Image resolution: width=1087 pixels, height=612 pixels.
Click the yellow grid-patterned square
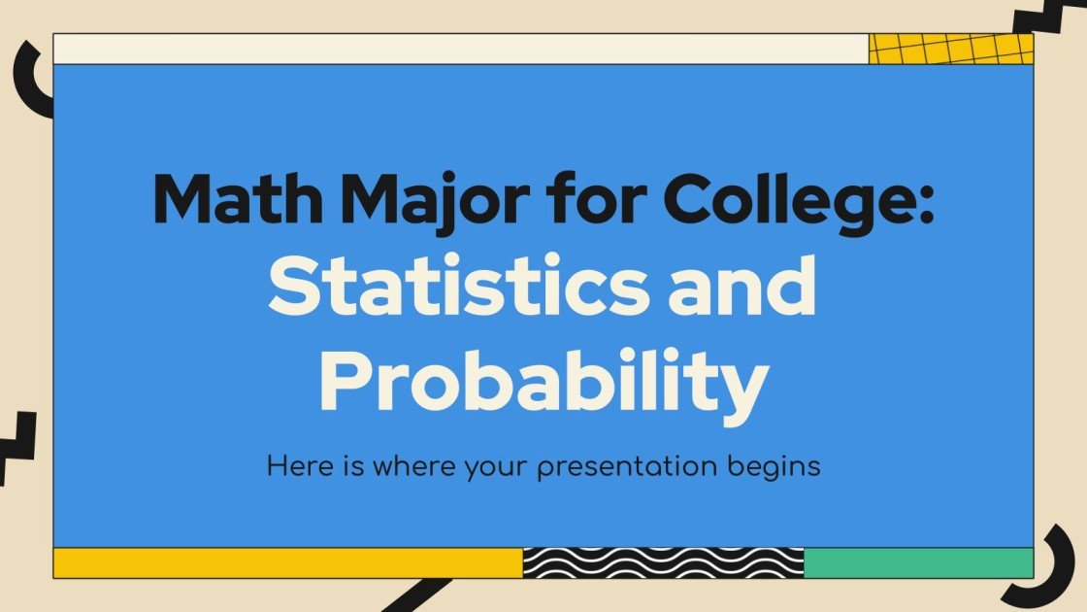pos(951,49)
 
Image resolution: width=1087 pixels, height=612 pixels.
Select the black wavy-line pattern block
pos(663,562)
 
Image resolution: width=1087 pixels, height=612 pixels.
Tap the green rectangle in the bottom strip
pos(918,562)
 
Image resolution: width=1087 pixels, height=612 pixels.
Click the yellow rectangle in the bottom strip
pos(287,562)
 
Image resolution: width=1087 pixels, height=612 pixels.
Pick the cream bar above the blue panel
pos(460,49)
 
